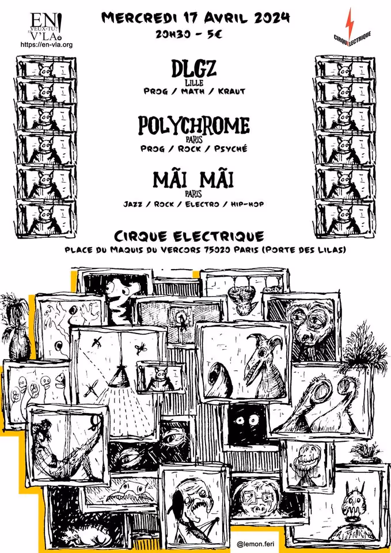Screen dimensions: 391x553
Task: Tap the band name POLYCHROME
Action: point(193,126)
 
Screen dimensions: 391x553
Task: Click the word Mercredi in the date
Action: point(135,18)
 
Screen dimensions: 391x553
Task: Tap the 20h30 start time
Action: point(176,34)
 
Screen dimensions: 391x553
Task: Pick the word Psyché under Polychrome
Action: point(231,148)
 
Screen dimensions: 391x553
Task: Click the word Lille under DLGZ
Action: point(193,82)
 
